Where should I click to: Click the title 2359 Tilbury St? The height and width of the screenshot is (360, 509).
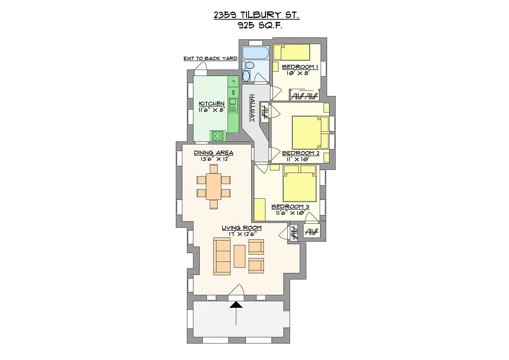click(x=256, y=15)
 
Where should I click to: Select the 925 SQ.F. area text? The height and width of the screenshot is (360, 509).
click(x=257, y=27)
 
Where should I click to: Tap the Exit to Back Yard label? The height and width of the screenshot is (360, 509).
click(x=210, y=59)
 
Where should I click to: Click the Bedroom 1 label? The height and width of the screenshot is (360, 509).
click(x=300, y=67)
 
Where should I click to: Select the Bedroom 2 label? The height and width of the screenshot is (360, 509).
click(x=300, y=153)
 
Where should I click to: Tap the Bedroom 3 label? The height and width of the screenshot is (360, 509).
click(x=290, y=206)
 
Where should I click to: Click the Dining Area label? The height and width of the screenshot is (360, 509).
click(x=214, y=153)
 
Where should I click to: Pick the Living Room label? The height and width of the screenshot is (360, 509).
click(x=242, y=228)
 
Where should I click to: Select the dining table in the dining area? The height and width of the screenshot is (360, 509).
click(x=214, y=186)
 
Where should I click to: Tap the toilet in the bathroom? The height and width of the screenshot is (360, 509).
click(x=250, y=65)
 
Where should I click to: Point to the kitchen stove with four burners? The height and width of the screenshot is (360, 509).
click(x=217, y=135)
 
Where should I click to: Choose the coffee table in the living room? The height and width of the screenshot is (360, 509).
click(x=240, y=256)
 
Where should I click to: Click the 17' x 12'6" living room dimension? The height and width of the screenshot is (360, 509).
click(x=242, y=234)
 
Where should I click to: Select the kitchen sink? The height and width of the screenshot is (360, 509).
click(x=233, y=106)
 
